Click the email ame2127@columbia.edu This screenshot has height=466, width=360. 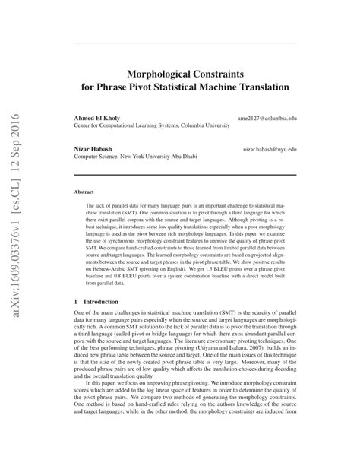click(x=267, y=119)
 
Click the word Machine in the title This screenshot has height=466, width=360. click(x=219, y=87)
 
